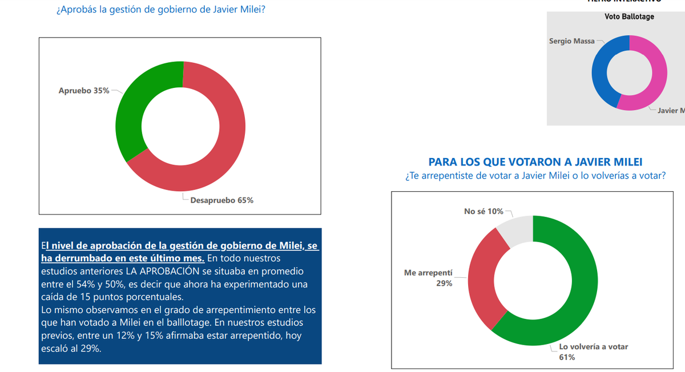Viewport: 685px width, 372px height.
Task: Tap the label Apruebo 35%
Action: pyautogui.click(x=84, y=91)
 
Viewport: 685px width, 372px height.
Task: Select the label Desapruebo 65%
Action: pyautogui.click(x=222, y=200)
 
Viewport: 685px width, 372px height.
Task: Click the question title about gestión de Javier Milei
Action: pyautogui.click(x=160, y=10)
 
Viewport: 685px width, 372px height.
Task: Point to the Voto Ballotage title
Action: pyautogui.click(x=629, y=17)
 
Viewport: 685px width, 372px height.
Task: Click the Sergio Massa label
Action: pyautogui.click(x=571, y=41)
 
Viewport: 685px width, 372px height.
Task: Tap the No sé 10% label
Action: pyautogui.click(x=484, y=212)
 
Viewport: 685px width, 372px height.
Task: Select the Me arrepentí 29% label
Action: pyautogui.click(x=428, y=278)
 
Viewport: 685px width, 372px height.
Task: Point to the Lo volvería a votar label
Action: pyautogui.click(x=594, y=347)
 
